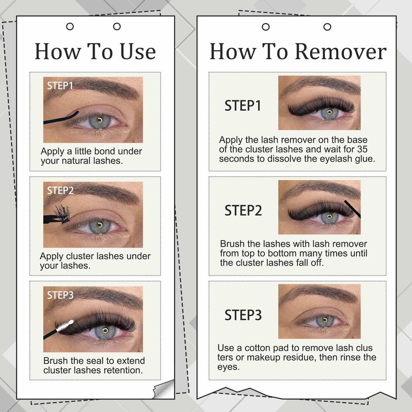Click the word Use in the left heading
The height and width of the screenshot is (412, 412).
(138, 51)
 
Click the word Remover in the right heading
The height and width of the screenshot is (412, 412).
(340, 51)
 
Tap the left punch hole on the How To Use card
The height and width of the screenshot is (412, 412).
(70, 26)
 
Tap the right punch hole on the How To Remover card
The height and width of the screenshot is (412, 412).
(327, 27)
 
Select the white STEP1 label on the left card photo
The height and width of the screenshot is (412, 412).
(60, 85)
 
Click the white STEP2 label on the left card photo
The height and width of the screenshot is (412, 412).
(60, 191)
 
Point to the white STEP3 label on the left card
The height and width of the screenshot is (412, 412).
(60, 295)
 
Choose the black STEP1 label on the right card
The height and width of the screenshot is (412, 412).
(243, 106)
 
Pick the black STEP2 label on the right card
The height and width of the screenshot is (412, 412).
(243, 211)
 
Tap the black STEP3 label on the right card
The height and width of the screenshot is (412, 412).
(243, 315)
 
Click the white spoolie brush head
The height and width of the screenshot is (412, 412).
(65, 325)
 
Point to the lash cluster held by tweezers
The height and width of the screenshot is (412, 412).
(62, 214)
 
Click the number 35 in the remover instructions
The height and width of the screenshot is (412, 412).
(362, 149)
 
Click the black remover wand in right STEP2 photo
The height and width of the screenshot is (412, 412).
(352, 209)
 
